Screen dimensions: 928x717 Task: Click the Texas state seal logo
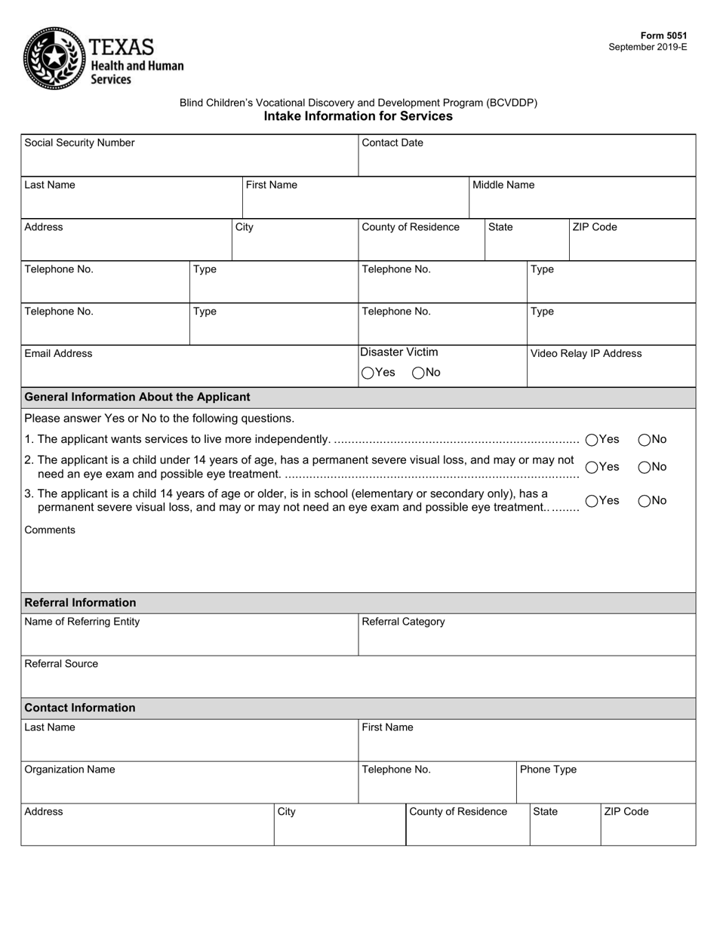54,58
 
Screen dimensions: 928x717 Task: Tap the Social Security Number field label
79,143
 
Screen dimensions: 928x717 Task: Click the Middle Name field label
503,185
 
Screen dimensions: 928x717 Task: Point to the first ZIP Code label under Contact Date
595,227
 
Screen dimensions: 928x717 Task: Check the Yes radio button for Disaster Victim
368,373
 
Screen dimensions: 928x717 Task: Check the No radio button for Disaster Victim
418,373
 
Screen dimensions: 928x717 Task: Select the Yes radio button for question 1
592,440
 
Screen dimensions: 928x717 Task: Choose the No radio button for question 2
645,467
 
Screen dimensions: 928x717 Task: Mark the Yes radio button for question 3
592,501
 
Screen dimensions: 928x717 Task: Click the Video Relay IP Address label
586,354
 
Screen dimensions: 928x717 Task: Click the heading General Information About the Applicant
137,397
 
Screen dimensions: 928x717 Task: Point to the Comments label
50,530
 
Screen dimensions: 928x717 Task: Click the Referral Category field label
403,622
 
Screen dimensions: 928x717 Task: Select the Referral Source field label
61,664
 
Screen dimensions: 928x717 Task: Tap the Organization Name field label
69,770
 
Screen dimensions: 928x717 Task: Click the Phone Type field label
548,770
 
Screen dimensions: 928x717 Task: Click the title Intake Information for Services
358,116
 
